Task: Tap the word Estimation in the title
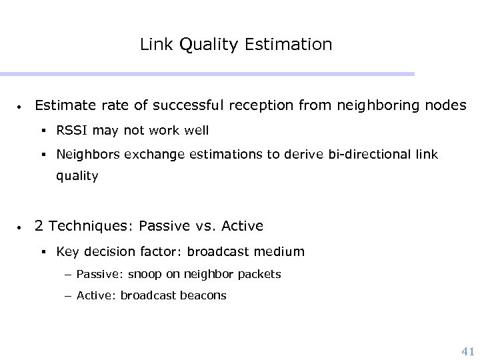pos(288,45)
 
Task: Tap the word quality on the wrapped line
pos(77,176)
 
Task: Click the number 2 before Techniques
pos(39,227)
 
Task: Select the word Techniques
pos(93,227)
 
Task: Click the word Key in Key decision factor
pos(67,252)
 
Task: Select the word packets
pos(259,274)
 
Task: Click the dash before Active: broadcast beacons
pos(69,295)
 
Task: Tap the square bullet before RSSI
pos(43,131)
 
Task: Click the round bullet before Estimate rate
pos(21,107)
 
